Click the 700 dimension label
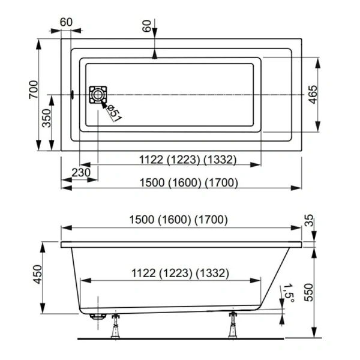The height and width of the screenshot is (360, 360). coord(35,88)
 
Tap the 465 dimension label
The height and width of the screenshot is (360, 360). coord(313,94)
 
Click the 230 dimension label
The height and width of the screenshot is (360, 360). coord(80,173)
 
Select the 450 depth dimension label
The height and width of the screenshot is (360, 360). coord(37,275)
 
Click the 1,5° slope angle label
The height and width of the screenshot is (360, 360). coord(290,293)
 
